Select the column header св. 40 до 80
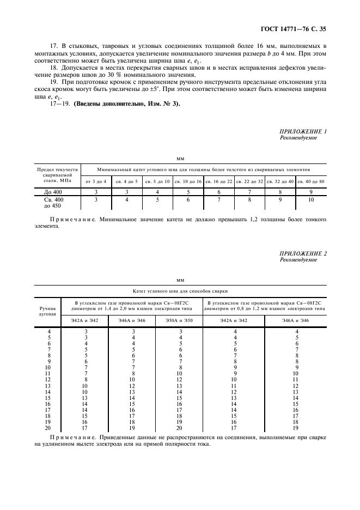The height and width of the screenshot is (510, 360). click(311, 180)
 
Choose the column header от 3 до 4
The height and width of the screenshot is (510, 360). click(96, 180)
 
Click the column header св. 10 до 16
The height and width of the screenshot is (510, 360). click(188, 180)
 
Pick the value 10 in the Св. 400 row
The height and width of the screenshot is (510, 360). click(311, 200)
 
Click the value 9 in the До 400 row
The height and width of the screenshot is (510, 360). click(311, 192)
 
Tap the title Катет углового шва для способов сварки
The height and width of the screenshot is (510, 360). click(180, 292)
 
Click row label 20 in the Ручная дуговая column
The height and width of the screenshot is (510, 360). click(50, 428)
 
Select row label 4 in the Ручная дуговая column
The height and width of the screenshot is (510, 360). click(50, 331)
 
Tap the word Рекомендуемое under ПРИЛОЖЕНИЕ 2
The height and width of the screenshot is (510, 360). click(298, 260)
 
